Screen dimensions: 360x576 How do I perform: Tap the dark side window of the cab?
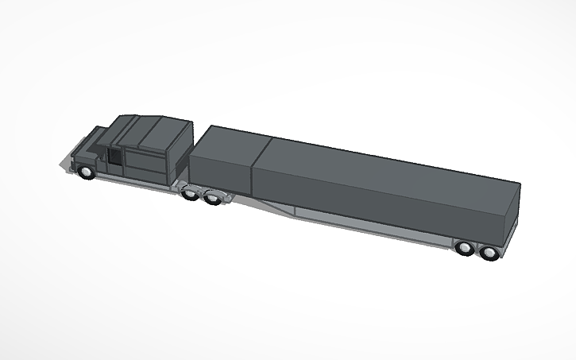[116, 157]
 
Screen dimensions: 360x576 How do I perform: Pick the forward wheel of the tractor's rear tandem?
[191, 193]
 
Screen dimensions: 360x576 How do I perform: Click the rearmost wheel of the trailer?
[489, 254]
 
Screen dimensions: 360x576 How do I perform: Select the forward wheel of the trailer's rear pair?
[466, 249]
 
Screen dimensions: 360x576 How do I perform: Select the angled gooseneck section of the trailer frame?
[270, 208]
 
